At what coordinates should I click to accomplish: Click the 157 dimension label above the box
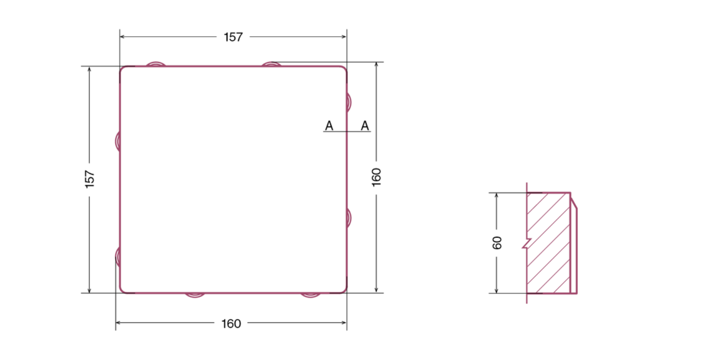click(233, 37)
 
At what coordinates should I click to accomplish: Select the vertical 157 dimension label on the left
click(90, 179)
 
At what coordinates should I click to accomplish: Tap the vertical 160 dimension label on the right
click(376, 177)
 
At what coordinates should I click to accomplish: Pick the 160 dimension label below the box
click(231, 324)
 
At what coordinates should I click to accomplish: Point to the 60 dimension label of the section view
click(497, 243)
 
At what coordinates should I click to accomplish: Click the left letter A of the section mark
click(329, 126)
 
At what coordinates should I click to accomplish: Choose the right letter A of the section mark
click(365, 126)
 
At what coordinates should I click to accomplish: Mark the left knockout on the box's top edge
click(156, 64)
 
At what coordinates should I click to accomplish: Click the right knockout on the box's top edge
click(271, 64)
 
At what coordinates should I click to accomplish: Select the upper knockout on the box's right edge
click(349, 102)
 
